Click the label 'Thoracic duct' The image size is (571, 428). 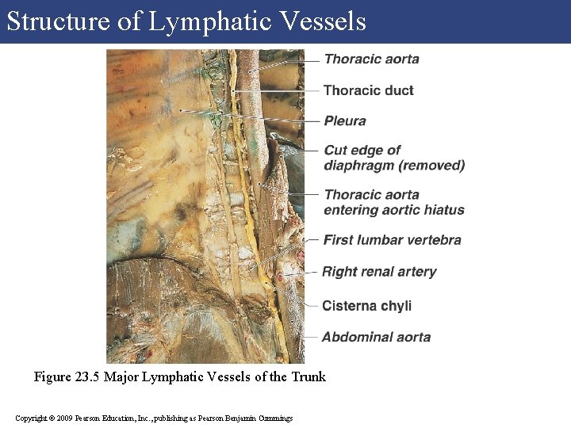point(368,90)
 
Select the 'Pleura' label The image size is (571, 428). point(345,120)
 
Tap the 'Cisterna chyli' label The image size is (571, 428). point(366,306)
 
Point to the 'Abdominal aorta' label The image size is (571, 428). point(376,337)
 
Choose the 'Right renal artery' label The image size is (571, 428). point(379,272)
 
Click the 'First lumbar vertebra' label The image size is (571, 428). point(392,239)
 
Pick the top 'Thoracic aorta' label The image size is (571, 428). point(371,59)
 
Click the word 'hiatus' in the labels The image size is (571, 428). point(444,210)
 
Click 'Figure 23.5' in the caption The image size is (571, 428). point(67,376)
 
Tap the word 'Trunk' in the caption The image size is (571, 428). point(308,376)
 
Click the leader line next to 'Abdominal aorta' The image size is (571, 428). point(309,336)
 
